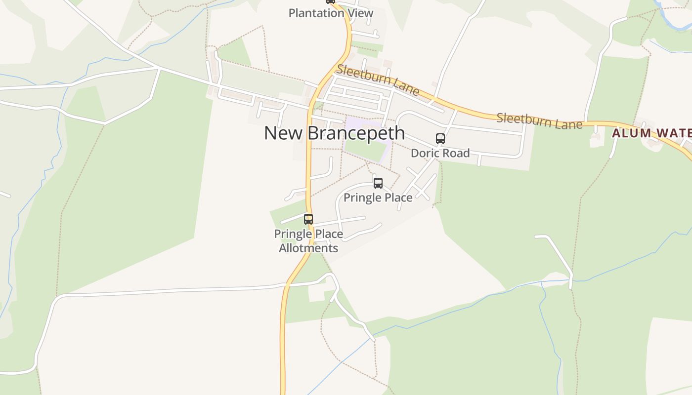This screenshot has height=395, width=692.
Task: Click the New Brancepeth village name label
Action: (x=334, y=133)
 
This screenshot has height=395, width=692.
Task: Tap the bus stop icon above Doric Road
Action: (x=440, y=139)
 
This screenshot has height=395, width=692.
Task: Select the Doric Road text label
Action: (x=440, y=153)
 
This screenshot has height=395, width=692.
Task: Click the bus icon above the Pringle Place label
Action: (x=378, y=183)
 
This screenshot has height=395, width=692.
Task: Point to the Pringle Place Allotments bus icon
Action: (x=308, y=219)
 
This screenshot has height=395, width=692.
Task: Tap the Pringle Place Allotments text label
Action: (x=308, y=240)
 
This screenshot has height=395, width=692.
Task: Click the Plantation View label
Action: (x=331, y=13)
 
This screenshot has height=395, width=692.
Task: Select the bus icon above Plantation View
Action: (x=331, y=1)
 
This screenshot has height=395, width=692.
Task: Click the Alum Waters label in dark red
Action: (x=651, y=133)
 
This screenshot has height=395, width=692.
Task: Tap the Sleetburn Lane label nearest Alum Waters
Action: (x=539, y=121)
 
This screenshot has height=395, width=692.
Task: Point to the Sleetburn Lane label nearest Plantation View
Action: (x=378, y=79)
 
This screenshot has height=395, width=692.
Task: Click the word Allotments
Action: (x=308, y=248)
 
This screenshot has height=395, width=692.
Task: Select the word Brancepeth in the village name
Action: (x=356, y=133)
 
